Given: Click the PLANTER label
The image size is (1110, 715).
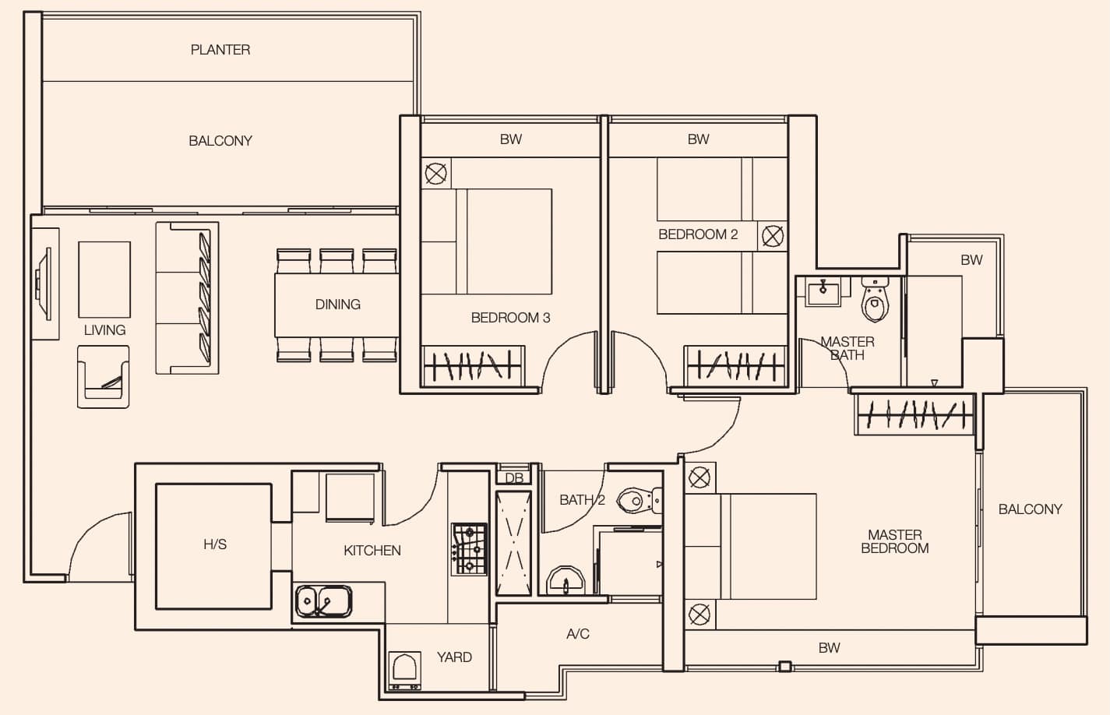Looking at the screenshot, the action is (220, 50).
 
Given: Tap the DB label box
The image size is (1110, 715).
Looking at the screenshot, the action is (514, 477).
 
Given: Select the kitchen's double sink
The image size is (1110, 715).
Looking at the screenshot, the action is (324, 601).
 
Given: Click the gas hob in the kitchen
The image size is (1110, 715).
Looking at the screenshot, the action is (469, 549).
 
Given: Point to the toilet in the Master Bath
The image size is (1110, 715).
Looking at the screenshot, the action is (875, 299).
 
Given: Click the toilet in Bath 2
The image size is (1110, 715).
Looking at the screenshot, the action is (640, 500).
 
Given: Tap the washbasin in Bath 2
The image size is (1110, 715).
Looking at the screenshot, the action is (566, 580).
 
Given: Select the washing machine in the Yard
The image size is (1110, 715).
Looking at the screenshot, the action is (405, 671).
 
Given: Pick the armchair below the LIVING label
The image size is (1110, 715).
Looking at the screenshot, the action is (103, 377).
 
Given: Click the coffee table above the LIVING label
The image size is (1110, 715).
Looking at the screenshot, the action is (104, 280).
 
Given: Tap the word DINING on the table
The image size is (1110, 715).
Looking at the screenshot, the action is (338, 305).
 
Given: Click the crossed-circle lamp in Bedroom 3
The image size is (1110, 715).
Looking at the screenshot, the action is (436, 174).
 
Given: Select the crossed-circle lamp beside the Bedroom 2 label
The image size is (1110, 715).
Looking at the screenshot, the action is (773, 236).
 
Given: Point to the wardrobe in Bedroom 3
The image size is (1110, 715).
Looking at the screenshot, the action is (473, 366).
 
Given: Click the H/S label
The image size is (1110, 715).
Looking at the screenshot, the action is (215, 544).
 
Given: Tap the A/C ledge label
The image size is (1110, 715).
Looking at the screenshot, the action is (578, 634).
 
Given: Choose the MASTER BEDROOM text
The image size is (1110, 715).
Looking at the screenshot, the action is (895, 541).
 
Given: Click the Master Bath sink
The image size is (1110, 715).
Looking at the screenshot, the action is (823, 292).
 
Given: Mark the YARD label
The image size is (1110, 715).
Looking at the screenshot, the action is (454, 657).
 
